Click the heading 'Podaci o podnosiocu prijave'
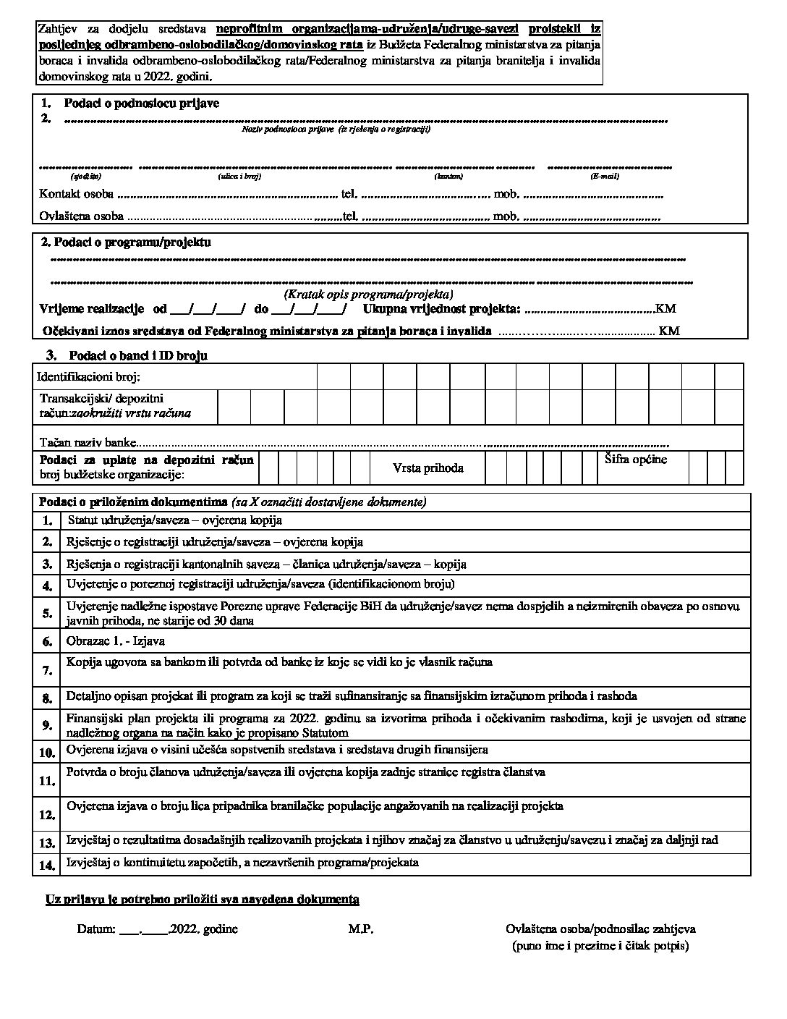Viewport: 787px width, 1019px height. [141, 103]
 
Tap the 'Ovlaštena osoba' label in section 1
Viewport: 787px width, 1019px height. [81, 216]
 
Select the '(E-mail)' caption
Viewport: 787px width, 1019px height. [605, 176]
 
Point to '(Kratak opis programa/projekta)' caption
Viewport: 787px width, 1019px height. [368, 295]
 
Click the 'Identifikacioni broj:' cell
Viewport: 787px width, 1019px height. [88, 377]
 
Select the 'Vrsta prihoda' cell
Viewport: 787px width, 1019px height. [428, 468]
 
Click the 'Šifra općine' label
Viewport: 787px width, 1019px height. [635, 460]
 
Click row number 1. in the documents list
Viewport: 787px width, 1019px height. [47, 520]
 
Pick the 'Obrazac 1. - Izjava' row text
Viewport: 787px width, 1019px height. [116, 641]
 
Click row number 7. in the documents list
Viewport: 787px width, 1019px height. [47, 671]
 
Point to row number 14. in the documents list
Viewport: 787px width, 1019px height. [47, 865]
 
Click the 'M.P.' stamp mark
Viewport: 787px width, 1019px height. [360, 929]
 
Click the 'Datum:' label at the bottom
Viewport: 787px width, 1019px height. [95, 929]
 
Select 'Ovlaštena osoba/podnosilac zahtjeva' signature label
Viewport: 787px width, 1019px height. [600, 929]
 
